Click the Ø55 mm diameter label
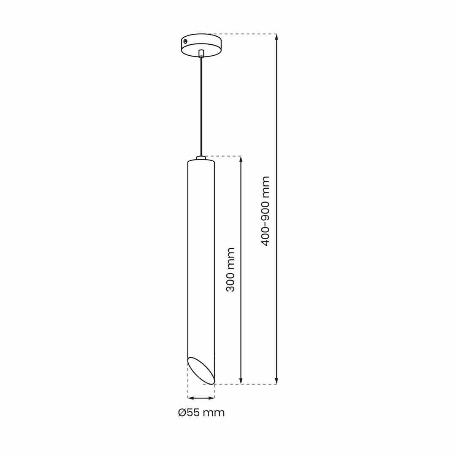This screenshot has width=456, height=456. click(201, 413)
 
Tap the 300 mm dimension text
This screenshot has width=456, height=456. click(231, 269)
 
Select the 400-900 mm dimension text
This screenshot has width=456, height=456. click(266, 211)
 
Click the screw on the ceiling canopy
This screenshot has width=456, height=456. click(185, 41)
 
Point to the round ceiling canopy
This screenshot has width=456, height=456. click(201, 45)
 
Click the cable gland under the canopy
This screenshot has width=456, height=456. click(201, 54)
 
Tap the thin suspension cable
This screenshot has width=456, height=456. click(201, 107)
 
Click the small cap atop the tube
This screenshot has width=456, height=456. click(201, 158)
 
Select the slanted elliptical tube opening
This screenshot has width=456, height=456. click(201, 370)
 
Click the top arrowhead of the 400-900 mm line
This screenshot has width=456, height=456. click(276, 37)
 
